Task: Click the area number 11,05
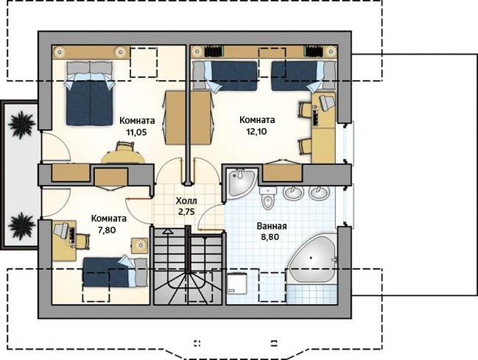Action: [x=137, y=132]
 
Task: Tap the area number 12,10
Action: [x=257, y=131]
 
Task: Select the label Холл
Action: [x=186, y=201]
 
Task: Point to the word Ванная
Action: [x=272, y=226]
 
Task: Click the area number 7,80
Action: [x=107, y=230]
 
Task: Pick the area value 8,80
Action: [x=270, y=237]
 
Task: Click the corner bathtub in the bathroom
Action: [x=312, y=259]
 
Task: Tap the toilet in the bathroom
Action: [x=268, y=198]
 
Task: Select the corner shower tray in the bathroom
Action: [x=242, y=183]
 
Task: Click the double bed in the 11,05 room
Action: [x=90, y=93]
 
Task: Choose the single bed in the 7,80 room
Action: [x=115, y=272]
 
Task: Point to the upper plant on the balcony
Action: [x=21, y=125]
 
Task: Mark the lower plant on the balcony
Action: [x=21, y=226]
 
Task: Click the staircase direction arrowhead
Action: [x=167, y=231]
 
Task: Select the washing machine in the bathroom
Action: [x=238, y=283]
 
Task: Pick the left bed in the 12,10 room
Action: [x=225, y=76]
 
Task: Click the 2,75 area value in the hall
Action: [x=186, y=212]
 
